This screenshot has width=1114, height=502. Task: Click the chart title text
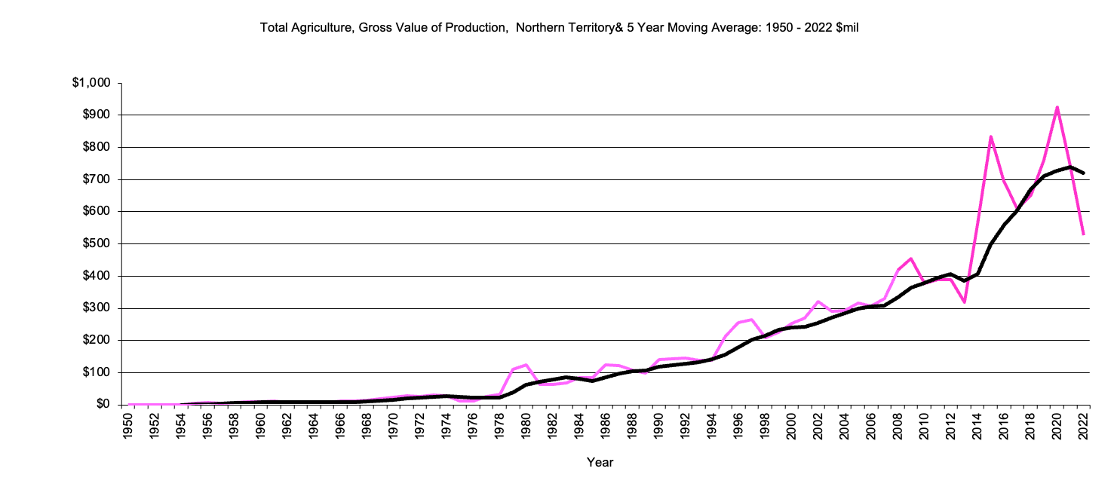(560, 28)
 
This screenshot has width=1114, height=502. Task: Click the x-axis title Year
(600, 462)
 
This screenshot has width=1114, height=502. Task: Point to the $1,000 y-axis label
(91, 83)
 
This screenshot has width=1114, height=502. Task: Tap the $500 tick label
(97, 244)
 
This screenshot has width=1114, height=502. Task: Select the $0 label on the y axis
(103, 405)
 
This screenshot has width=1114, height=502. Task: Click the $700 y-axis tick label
(97, 179)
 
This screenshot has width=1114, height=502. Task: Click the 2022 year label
(1083, 426)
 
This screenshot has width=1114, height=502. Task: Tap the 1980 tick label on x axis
(526, 426)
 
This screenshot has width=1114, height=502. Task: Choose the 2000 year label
(791, 426)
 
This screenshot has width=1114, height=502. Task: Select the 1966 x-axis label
(340, 426)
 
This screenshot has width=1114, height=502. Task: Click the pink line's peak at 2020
(1057, 107)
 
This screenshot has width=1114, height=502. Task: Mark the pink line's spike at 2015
(990, 136)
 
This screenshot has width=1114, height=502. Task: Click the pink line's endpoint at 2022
(1083, 234)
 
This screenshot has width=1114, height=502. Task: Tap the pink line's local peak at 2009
(911, 259)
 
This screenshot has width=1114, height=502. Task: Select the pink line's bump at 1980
(526, 365)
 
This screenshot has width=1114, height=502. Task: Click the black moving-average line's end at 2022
(1083, 173)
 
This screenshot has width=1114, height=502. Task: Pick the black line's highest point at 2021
(1070, 167)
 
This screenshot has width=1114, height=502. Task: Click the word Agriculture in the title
(320, 28)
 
